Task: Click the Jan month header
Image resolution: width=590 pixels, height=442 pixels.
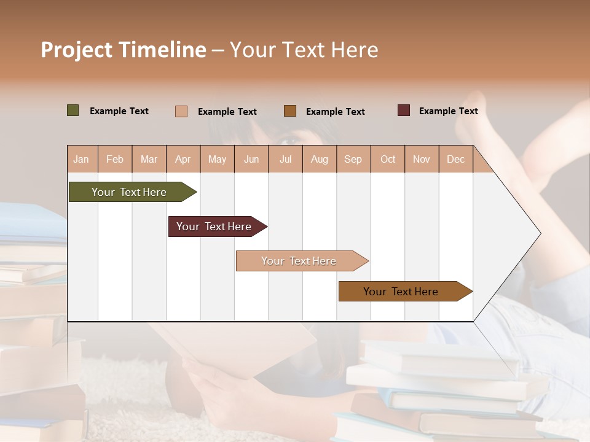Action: pyautogui.click(x=81, y=160)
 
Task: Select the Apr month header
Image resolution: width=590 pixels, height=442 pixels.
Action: pyautogui.click(x=183, y=160)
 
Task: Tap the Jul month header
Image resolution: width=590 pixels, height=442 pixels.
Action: pyautogui.click(x=285, y=160)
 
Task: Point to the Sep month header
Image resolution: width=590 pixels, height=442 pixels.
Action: pyautogui.click(x=353, y=160)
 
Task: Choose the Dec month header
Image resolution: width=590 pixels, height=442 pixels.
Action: pyautogui.click(x=455, y=160)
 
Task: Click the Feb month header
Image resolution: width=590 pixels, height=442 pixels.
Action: pyautogui.click(x=115, y=160)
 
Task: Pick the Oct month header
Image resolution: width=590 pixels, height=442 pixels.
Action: pyautogui.click(x=388, y=160)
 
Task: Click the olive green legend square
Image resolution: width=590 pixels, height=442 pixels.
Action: pyautogui.click(x=73, y=110)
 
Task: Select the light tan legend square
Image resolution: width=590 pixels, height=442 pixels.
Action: pyautogui.click(x=181, y=111)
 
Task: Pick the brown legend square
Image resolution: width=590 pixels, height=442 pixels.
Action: pyautogui.click(x=290, y=110)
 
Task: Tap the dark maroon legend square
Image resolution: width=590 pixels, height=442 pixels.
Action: pyautogui.click(x=404, y=110)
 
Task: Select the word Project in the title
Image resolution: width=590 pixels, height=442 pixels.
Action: pyautogui.click(x=76, y=50)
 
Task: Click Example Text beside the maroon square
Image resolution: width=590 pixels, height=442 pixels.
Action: pyautogui.click(x=448, y=111)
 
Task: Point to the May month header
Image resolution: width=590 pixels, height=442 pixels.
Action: pyautogui.click(x=217, y=160)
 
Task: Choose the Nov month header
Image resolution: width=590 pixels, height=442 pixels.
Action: pyautogui.click(x=422, y=160)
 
